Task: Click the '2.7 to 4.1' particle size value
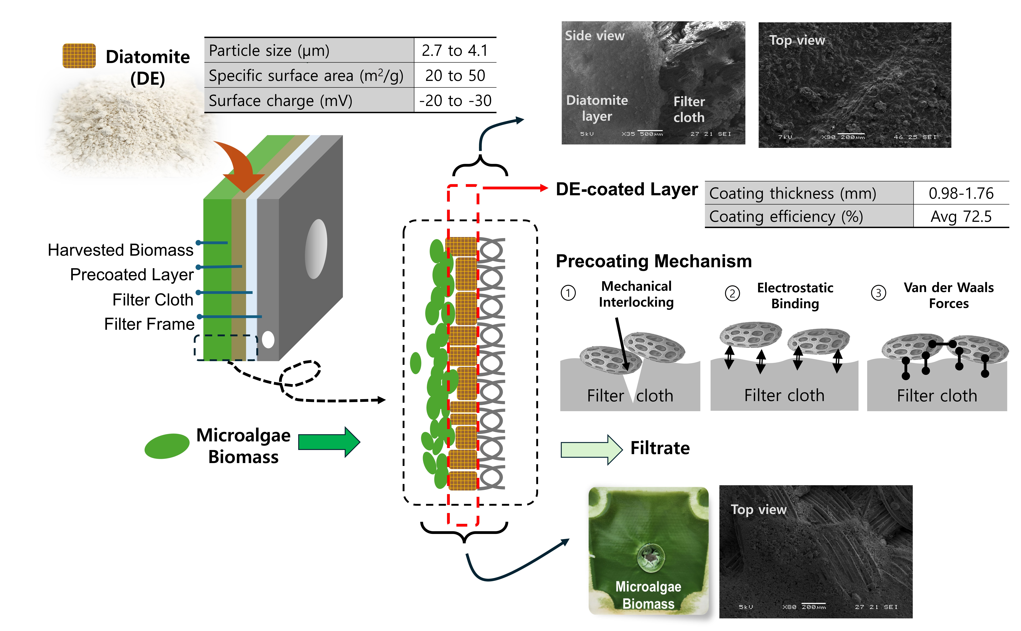(x=455, y=51)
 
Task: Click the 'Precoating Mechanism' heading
(x=654, y=261)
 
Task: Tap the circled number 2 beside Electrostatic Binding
(x=732, y=293)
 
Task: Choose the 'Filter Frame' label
(x=149, y=324)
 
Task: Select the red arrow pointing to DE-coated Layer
(x=515, y=188)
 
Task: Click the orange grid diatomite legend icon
(x=79, y=56)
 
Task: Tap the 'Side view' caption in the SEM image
(x=594, y=36)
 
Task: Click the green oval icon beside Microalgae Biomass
(x=167, y=446)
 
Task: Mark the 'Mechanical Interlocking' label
(x=636, y=294)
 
